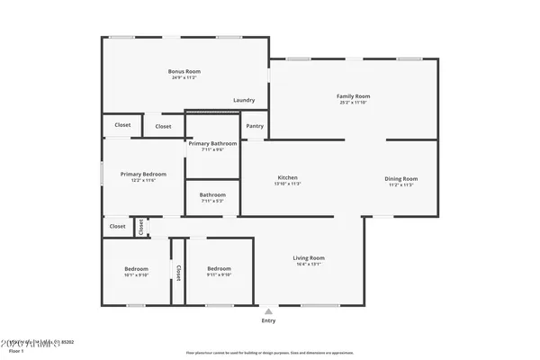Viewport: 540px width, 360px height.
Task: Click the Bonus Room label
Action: [x=184, y=71]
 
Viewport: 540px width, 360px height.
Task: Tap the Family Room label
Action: [x=353, y=96]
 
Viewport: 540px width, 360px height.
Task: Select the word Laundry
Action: [x=244, y=100]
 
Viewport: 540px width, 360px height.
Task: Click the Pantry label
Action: [x=255, y=126]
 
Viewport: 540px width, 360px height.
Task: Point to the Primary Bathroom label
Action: [x=212, y=143]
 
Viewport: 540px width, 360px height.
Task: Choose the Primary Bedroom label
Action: [x=143, y=174]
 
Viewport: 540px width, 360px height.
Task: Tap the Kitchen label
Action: [x=287, y=177]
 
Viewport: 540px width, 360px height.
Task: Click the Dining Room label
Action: [x=402, y=178]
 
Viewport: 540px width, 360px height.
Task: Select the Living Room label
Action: [x=309, y=258]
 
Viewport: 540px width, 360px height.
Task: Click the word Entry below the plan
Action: [x=268, y=320]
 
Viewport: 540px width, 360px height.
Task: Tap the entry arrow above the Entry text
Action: [x=268, y=310]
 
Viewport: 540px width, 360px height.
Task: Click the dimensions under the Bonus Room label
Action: [x=184, y=78]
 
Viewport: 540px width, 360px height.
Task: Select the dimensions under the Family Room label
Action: [x=353, y=103]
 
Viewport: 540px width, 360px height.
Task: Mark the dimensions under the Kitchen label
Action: [x=287, y=184]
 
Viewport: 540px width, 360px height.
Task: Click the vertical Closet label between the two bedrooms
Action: [x=178, y=272]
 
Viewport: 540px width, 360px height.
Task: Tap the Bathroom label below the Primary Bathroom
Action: [x=212, y=194]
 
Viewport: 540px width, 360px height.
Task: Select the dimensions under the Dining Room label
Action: [x=402, y=184]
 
